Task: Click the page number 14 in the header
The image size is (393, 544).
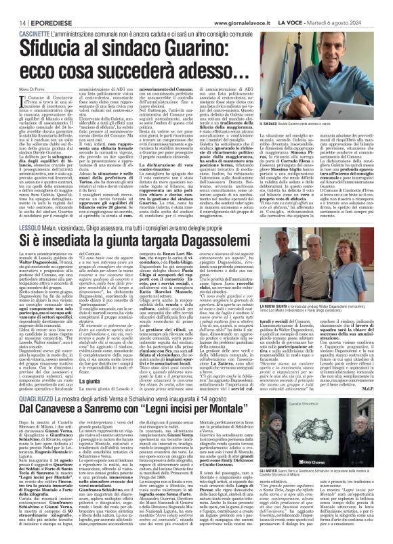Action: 14,7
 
